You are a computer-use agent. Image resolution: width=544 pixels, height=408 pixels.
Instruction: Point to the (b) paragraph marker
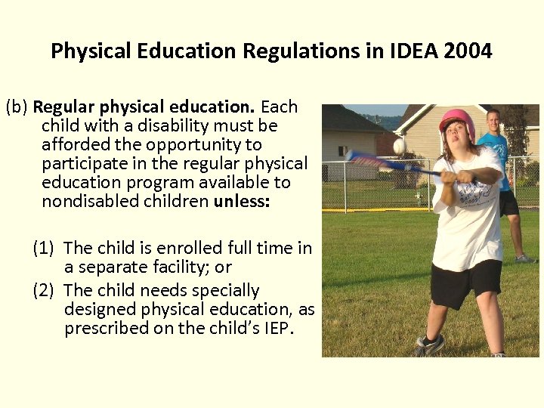pos(17,107)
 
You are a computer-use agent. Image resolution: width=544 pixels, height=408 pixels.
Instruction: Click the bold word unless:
pos(242,201)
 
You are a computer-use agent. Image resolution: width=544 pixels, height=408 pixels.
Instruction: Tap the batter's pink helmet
pos(456,120)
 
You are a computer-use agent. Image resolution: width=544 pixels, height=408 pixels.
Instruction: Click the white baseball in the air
pos(399,145)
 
